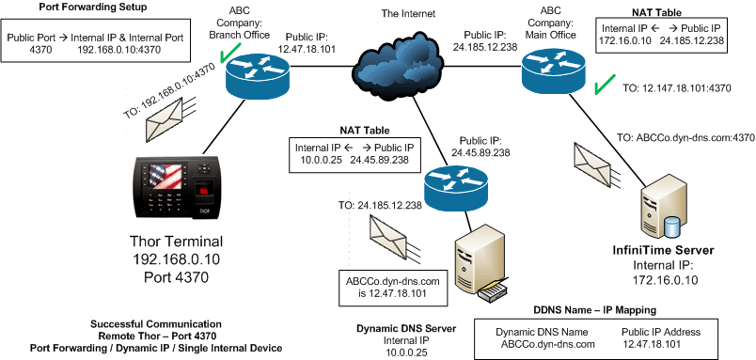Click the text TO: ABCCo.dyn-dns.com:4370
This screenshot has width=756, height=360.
(x=686, y=136)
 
